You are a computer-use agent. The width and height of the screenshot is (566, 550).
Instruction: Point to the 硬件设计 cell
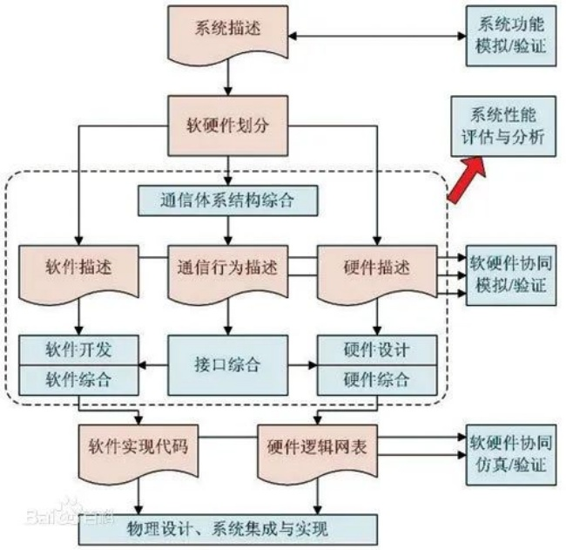tap(377, 350)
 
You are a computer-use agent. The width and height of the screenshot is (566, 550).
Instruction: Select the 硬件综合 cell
tap(377, 380)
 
